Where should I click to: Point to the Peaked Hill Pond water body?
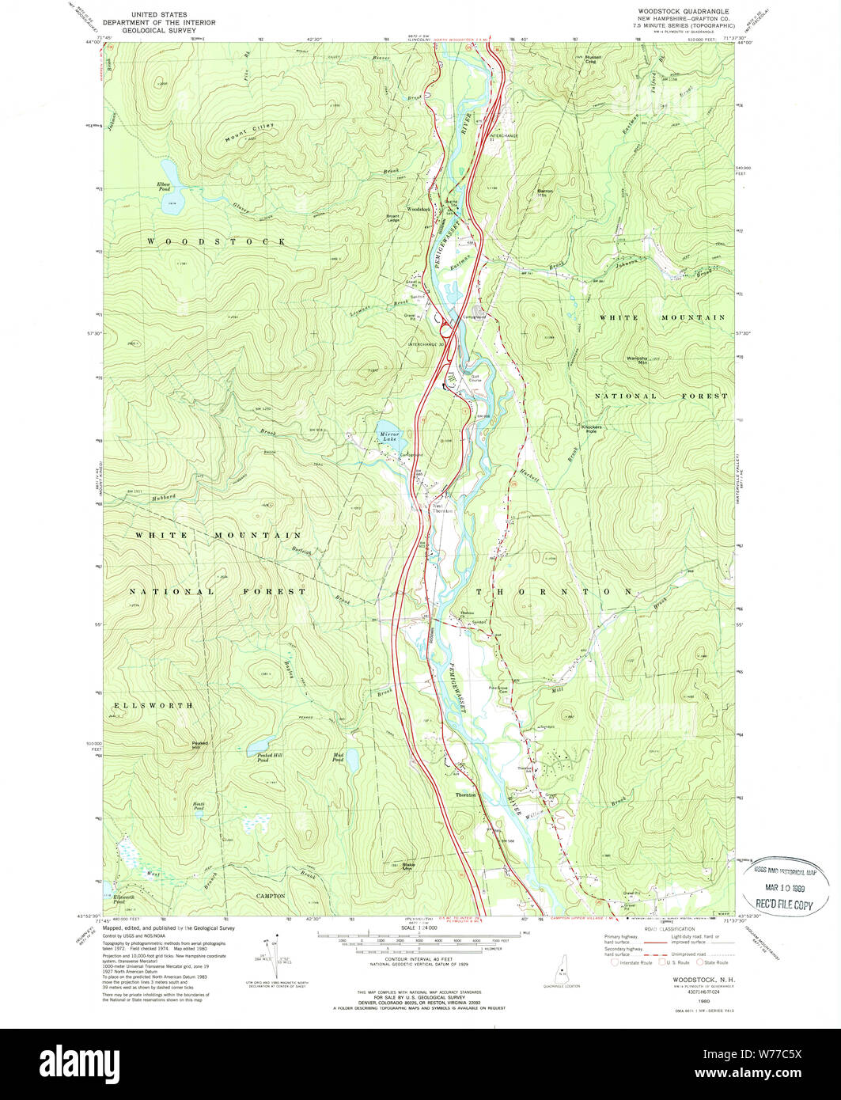(x=260, y=746)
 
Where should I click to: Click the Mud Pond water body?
(x=354, y=761)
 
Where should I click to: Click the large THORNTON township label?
(x=553, y=591)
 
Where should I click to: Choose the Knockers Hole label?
(x=592, y=429)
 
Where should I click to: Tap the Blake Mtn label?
(x=409, y=866)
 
